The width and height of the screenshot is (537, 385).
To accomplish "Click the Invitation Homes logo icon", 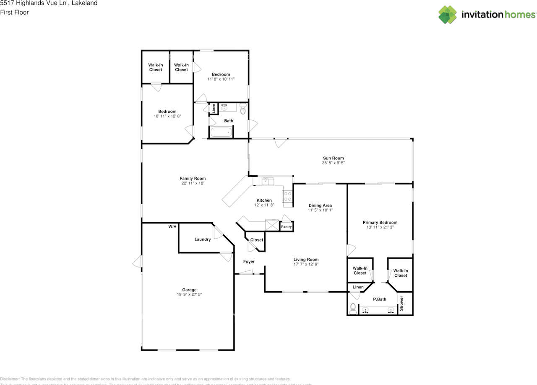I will (x=448, y=15).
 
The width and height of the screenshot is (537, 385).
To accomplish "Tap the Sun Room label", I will (x=333, y=158).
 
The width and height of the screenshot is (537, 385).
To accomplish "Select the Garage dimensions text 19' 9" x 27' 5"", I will (x=189, y=295).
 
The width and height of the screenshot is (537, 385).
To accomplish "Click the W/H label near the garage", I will (x=172, y=227).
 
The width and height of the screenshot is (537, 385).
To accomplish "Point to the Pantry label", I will (x=286, y=227).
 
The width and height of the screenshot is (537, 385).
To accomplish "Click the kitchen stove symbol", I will (x=288, y=197).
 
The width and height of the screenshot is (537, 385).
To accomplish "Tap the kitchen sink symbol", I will (x=268, y=181).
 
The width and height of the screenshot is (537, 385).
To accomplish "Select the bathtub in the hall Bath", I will (x=221, y=133).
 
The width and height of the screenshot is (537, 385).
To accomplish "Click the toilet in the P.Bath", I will (x=352, y=309).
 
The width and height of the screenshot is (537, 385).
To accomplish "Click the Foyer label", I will (x=249, y=262).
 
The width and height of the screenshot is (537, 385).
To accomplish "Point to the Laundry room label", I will (x=203, y=239).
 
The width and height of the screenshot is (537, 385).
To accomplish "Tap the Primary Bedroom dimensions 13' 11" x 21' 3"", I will (x=380, y=227).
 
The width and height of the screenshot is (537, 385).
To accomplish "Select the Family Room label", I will (x=193, y=179).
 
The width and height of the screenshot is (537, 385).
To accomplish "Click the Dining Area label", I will (x=320, y=206).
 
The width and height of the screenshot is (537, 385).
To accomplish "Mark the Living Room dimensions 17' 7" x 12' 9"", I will (x=306, y=265).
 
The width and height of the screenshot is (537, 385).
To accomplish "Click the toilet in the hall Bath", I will (x=242, y=109).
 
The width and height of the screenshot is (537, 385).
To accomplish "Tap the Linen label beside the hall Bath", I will (x=214, y=109).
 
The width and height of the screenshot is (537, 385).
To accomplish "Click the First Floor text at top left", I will (x=14, y=12).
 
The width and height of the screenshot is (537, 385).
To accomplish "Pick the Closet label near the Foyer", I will (x=257, y=240).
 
